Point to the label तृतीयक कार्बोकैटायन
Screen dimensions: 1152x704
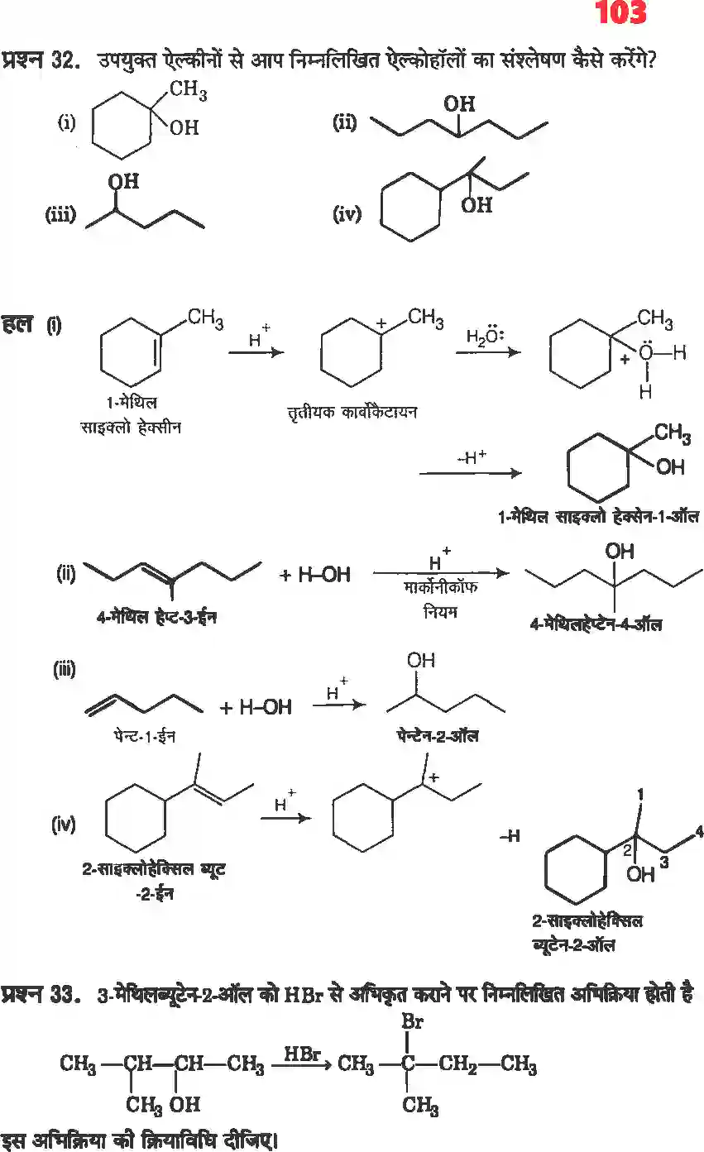347,411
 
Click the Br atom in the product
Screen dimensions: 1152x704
411,1022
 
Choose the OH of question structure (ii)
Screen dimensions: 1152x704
459,104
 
